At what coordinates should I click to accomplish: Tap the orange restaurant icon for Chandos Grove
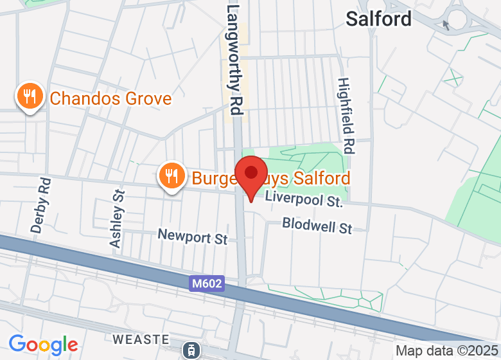coord(29,97)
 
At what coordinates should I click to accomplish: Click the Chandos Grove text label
coord(110,98)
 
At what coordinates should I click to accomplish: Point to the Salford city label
coord(378,19)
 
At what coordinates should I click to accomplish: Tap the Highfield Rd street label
coord(346,116)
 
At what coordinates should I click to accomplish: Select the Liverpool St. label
coord(303,200)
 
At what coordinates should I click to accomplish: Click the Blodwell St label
coord(317,226)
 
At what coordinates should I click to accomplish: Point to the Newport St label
coord(193,237)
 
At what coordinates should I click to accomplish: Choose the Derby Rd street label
coord(40,204)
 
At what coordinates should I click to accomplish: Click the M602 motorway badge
coord(207,283)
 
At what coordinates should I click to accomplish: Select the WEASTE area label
coord(141,339)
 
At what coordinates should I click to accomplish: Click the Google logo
coord(43,345)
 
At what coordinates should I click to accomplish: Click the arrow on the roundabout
coord(446,25)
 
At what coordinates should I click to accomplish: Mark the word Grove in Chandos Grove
coord(148,98)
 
